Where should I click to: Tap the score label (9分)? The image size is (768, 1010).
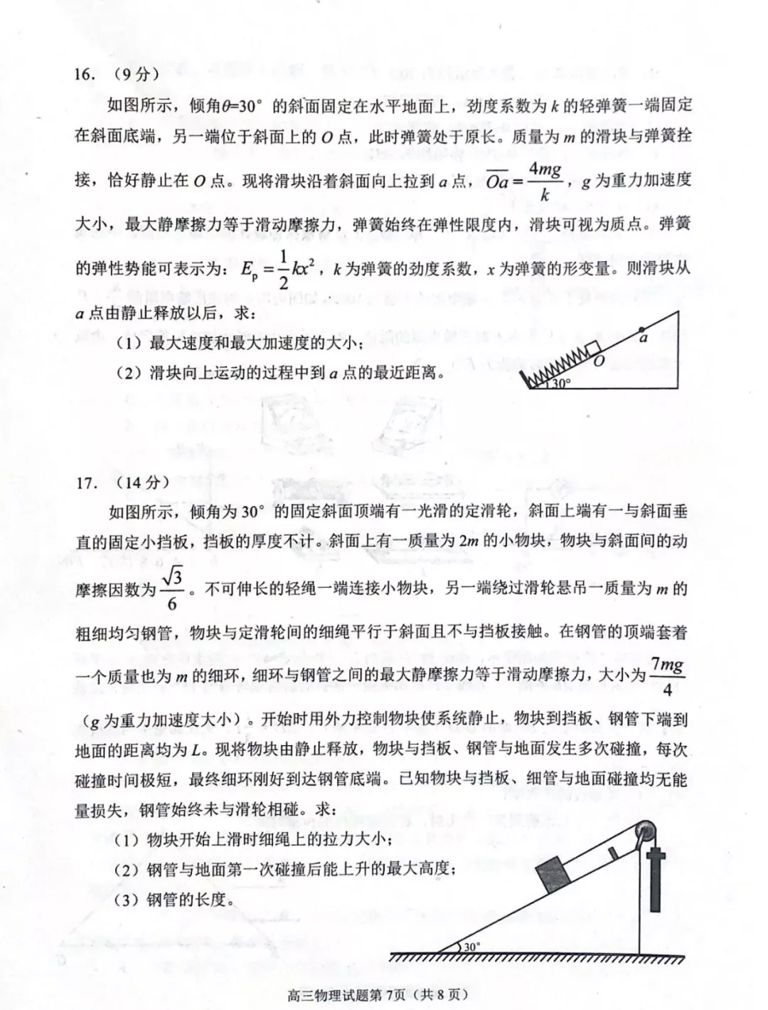[135, 74]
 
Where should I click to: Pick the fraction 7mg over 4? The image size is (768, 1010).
[667, 676]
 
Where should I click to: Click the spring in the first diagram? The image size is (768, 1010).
[553, 364]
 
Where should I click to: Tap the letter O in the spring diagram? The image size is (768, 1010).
[599, 362]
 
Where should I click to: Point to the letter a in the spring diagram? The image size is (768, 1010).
[644, 339]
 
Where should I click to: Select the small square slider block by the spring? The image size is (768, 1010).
[592, 349]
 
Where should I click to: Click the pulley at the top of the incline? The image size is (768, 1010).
[646, 831]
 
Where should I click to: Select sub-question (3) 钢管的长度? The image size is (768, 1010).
[174, 900]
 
